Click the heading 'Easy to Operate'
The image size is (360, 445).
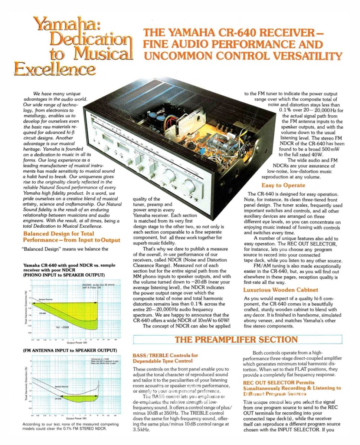point(283,185)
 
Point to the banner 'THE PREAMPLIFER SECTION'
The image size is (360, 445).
point(236,340)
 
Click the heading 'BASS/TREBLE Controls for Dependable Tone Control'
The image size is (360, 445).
point(166,358)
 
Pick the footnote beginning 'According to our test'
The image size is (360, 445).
point(71,426)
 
